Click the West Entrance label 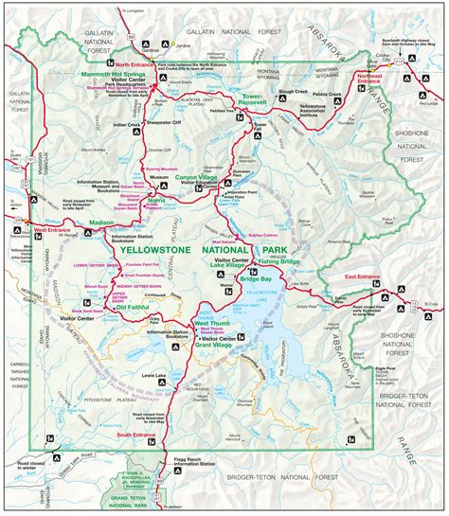(x=53, y=257)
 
